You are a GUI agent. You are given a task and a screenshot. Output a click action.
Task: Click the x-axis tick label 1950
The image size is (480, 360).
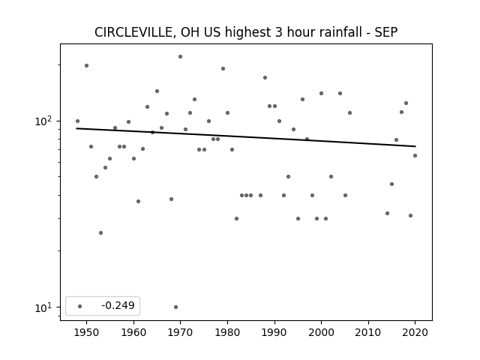[87, 332]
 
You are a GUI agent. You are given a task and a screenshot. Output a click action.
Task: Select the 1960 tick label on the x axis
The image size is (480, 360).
[133, 332]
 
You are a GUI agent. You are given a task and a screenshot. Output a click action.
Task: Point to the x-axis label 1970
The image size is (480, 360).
[180, 332]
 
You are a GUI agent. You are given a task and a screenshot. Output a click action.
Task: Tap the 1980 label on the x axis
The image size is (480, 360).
[227, 332]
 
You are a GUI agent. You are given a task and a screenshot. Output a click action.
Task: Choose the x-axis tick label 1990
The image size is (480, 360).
[274, 332]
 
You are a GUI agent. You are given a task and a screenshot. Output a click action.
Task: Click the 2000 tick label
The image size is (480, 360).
[322, 332]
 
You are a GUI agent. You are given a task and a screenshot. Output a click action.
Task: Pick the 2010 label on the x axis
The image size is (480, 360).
[368, 332]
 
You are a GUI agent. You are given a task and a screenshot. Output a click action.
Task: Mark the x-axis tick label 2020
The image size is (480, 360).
[415, 332]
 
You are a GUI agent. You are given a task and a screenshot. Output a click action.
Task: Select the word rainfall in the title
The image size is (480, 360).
[340, 32]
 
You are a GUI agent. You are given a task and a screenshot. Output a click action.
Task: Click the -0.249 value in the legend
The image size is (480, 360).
[118, 305]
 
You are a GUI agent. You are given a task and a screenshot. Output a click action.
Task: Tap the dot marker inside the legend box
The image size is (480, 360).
[80, 306]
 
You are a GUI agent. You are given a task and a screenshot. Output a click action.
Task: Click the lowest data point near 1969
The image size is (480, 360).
[175, 307]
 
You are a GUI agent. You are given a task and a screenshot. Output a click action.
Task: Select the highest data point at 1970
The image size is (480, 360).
[180, 57]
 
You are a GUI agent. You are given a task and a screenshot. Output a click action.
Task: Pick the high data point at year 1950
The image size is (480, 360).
[87, 65]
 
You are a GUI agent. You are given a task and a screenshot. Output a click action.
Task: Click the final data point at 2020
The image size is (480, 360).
[415, 155]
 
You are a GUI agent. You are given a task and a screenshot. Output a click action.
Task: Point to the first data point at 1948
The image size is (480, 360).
[77, 121]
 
